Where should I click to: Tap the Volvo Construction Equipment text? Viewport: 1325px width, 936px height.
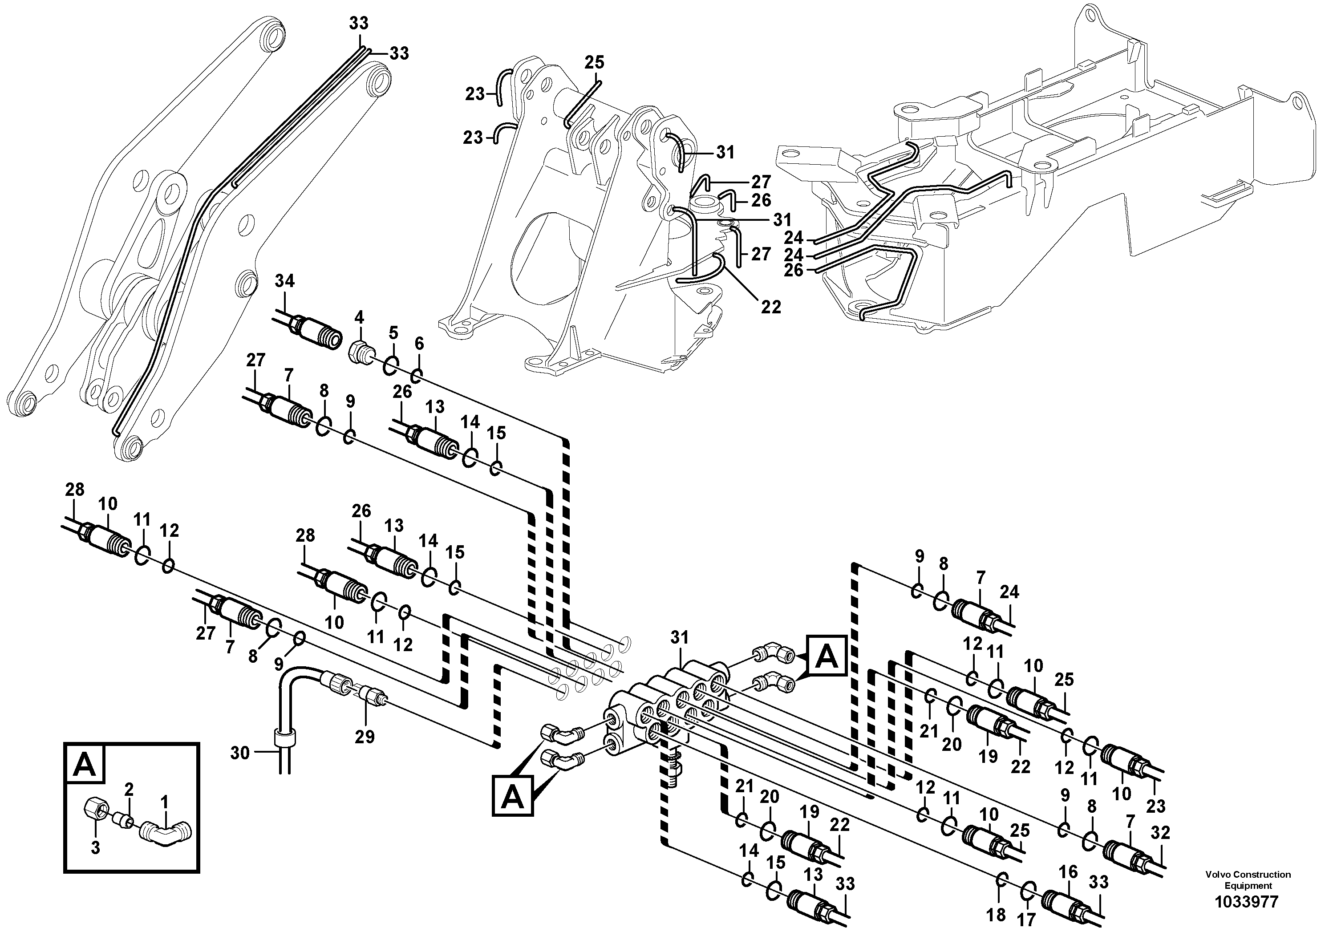pyautogui.click(x=1248, y=880)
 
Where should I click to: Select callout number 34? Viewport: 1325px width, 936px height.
pyautogui.click(x=284, y=281)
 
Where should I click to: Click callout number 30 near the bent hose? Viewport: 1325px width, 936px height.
pyautogui.click(x=239, y=753)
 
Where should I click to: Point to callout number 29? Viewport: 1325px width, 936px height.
pyautogui.click(x=365, y=737)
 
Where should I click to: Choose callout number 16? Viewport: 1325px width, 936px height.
pyautogui.click(x=1068, y=872)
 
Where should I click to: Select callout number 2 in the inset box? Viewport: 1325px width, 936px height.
pyautogui.click(x=129, y=790)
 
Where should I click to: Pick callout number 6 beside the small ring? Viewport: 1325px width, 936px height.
pyautogui.click(x=419, y=344)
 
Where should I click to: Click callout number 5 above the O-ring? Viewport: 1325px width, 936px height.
pyautogui.click(x=393, y=332)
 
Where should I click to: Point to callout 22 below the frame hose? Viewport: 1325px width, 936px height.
pyautogui.click(x=771, y=307)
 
